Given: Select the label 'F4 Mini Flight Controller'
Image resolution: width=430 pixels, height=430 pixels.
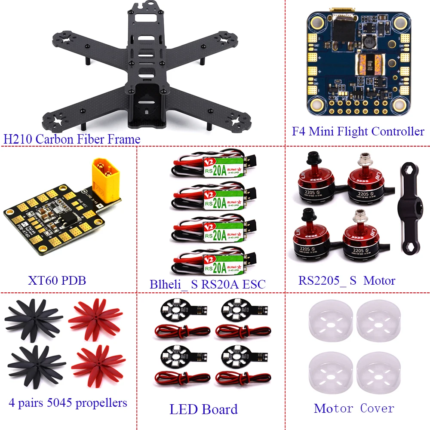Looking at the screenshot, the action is point(358,131).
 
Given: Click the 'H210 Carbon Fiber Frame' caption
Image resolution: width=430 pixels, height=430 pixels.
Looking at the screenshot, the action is point(72,139).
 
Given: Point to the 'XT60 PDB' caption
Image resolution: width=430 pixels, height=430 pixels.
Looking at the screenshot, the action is point(57,281).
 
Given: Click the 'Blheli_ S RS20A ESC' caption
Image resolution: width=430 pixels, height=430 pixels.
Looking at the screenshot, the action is point(208,284).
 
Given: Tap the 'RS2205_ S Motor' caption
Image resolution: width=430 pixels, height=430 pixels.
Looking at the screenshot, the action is point(347,281).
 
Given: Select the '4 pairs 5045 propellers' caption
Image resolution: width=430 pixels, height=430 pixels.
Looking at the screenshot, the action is point(68,402).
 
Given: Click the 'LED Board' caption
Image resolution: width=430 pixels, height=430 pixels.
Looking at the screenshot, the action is point(203,409).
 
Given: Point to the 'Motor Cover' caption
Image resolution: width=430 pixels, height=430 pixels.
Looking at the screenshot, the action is point(354,408).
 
